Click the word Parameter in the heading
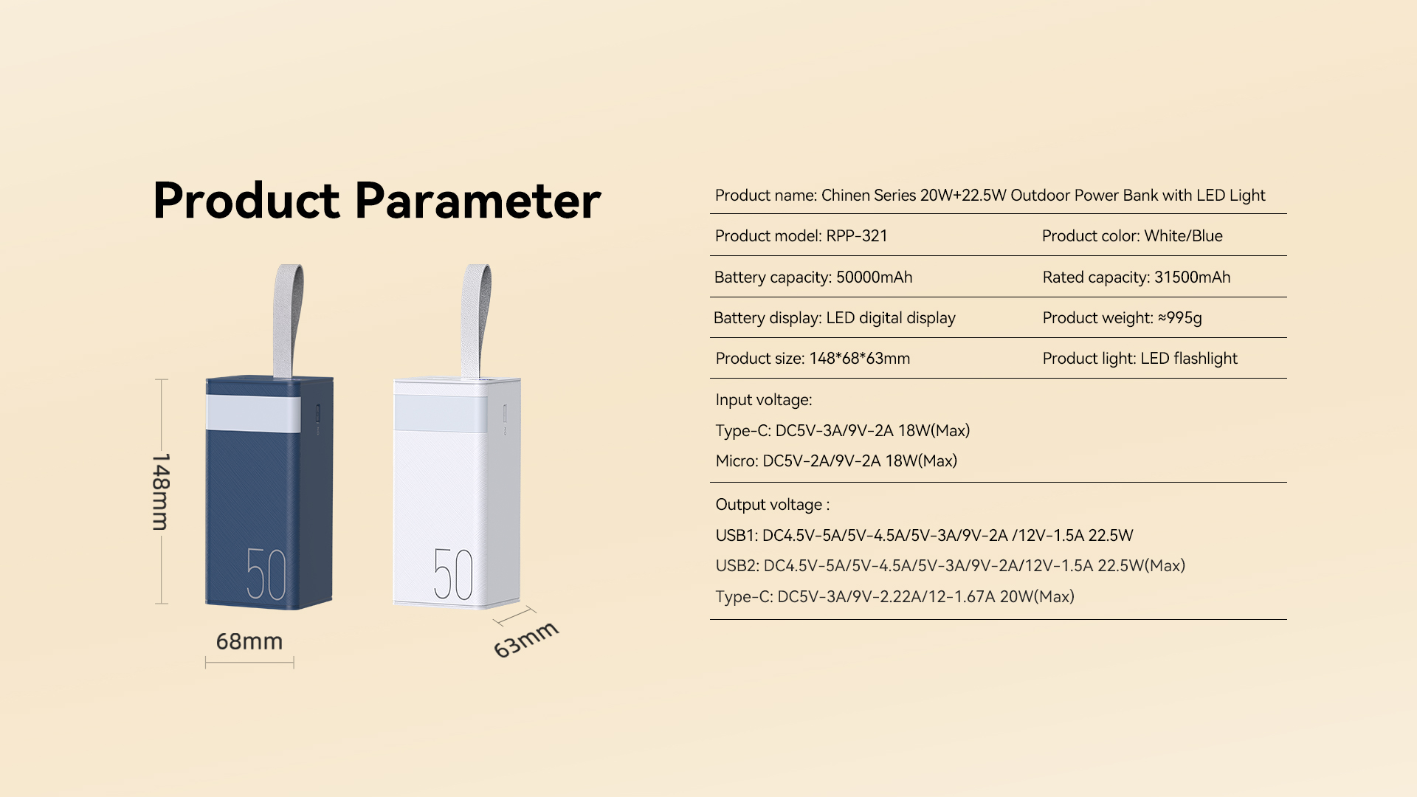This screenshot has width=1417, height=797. (x=478, y=201)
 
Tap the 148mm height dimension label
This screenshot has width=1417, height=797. (x=161, y=491)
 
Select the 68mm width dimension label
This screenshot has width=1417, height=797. (x=249, y=641)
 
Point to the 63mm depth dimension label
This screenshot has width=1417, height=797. (x=526, y=639)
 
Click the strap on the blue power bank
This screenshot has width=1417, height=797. (x=288, y=322)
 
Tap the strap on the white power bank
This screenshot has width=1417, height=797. (x=476, y=322)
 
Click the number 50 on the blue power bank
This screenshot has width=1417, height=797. (x=266, y=573)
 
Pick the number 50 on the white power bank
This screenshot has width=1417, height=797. (x=453, y=573)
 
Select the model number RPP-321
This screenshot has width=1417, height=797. (x=857, y=236)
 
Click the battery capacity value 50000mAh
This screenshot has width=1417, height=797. (x=874, y=277)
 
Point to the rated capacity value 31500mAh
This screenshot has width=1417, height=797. (x=1193, y=277)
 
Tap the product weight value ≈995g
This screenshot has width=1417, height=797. (x=1180, y=318)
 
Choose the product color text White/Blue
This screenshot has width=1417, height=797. (x=1184, y=236)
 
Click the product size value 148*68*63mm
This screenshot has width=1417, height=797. (x=860, y=359)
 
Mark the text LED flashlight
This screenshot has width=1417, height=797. (x=1189, y=359)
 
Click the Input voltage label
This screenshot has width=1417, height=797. (x=764, y=400)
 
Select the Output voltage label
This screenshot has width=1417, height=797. (x=773, y=505)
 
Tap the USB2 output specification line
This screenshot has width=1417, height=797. (x=951, y=566)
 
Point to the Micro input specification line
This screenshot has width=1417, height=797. (x=836, y=461)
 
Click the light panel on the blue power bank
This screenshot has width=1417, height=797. (x=253, y=413)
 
